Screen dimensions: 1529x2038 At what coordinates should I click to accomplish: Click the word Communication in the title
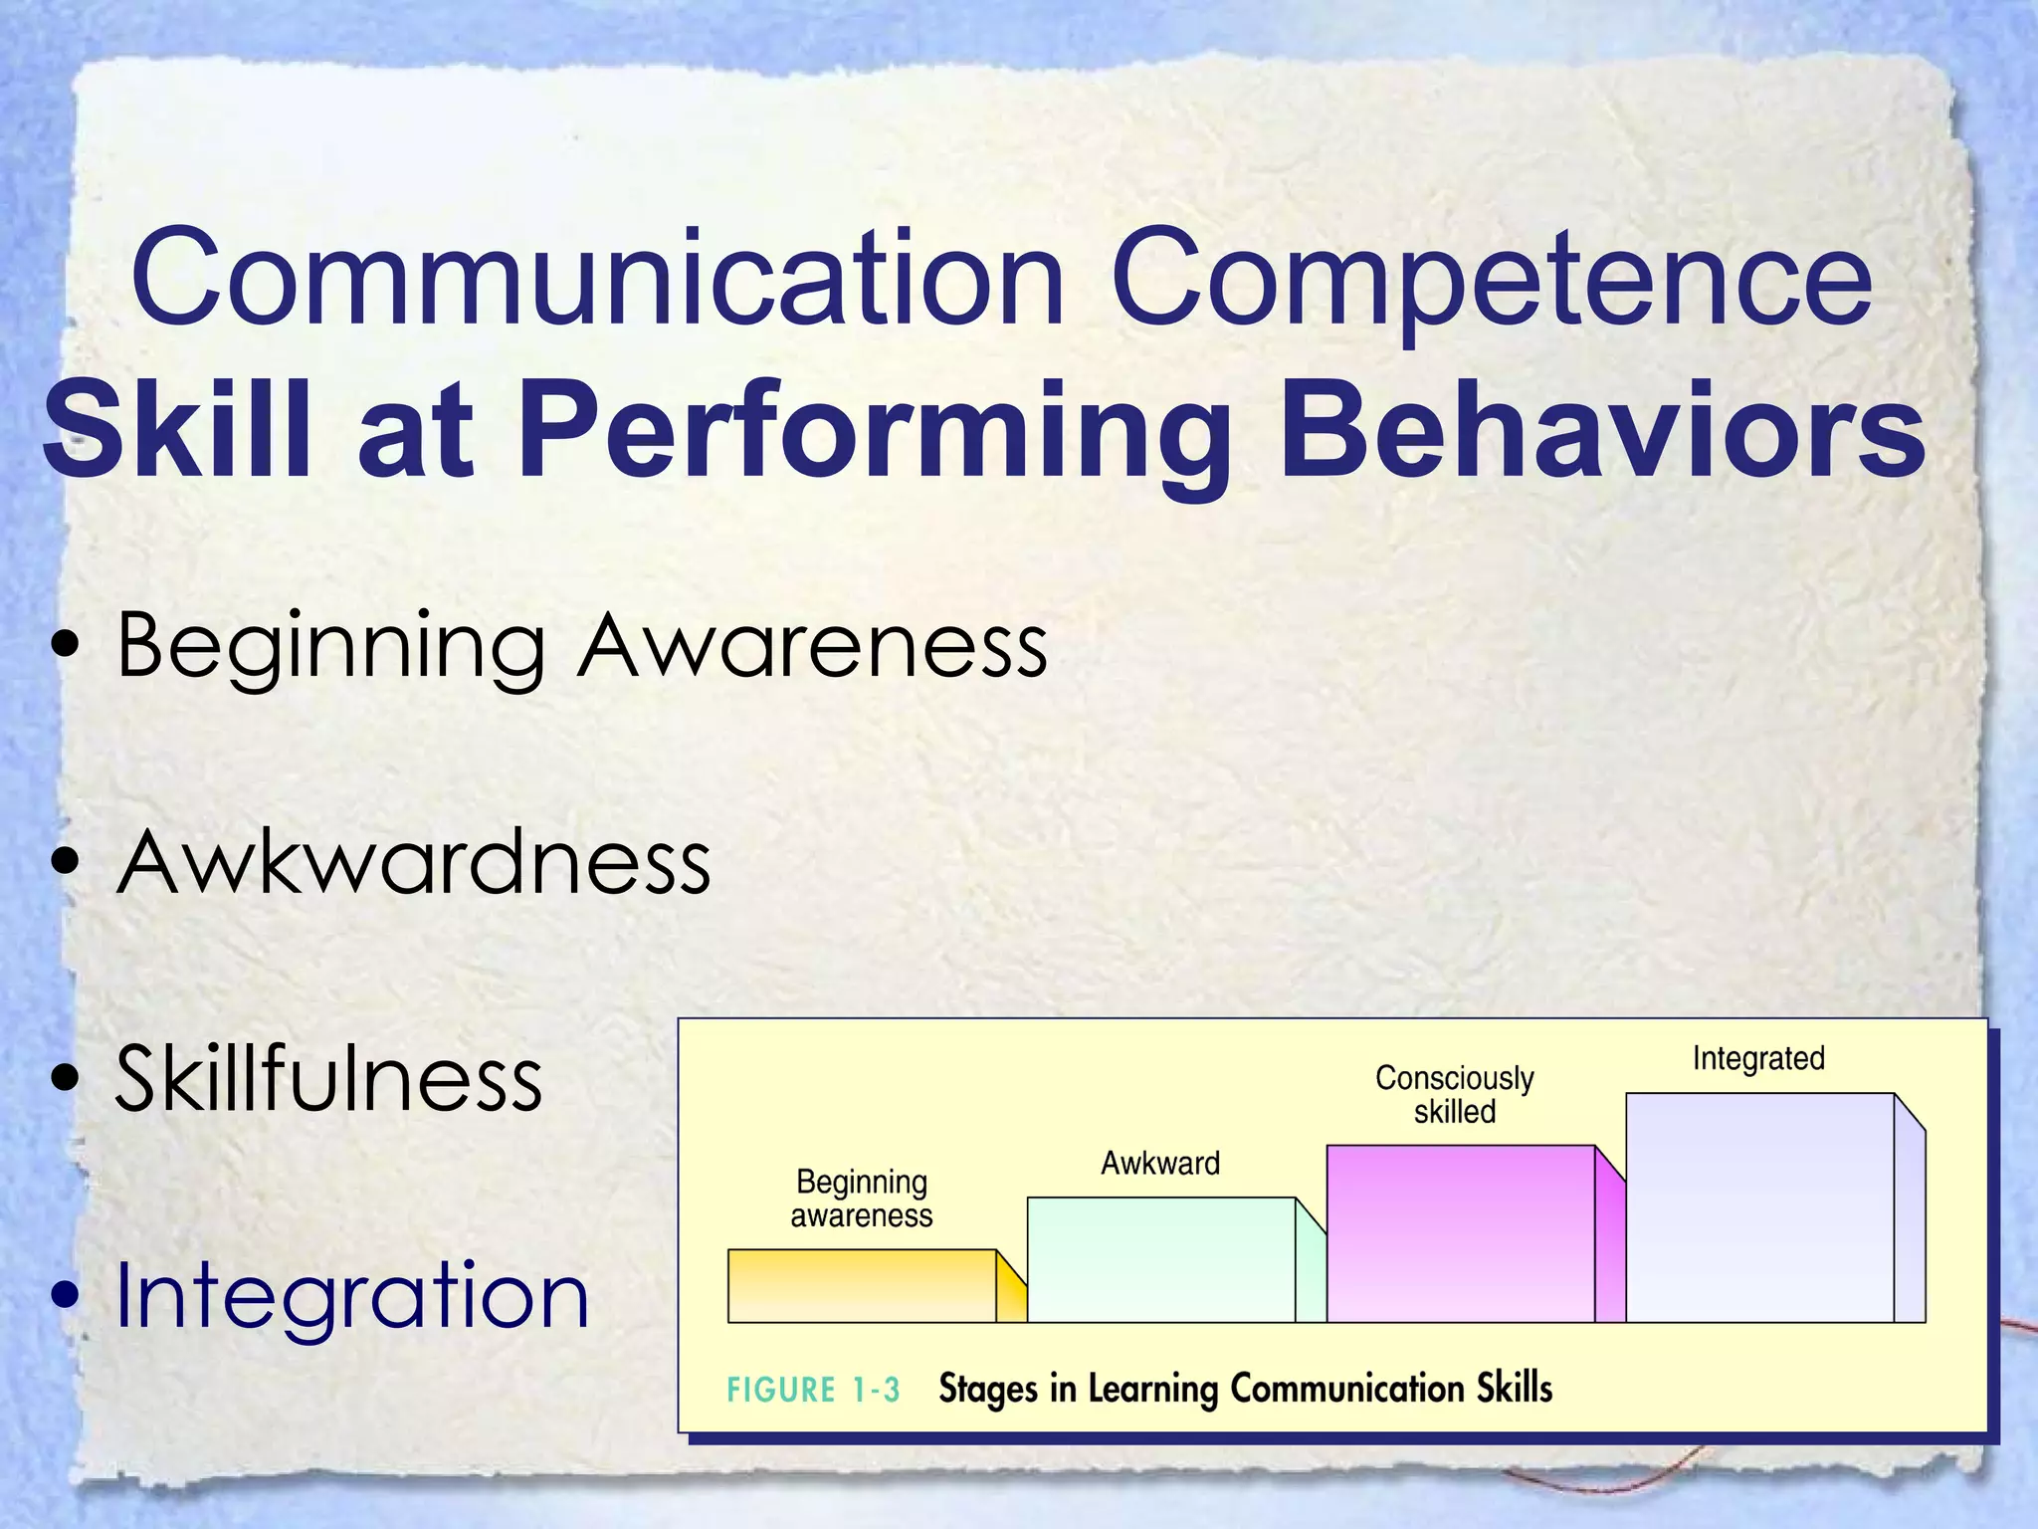pos(597,279)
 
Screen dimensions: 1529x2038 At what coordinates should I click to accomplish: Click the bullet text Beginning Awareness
pos(581,647)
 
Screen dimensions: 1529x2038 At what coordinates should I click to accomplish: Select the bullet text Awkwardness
pos(413,862)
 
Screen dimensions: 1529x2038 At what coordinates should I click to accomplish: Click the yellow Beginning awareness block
pos(862,1286)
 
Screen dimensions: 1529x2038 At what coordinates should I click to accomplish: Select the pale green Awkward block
pos(1160,1260)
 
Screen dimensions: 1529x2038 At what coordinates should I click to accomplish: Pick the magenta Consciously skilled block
pos(1460,1234)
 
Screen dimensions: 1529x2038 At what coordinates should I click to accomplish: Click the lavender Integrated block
pos(1758,1207)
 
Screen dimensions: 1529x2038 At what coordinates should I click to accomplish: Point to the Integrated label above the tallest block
pos(1758,1058)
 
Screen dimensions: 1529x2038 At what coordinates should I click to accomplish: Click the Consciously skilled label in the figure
pos(1454,1094)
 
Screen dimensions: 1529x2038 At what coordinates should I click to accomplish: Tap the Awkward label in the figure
pos(1159,1163)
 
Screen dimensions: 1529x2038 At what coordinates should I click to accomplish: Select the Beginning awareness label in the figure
pos(862,1199)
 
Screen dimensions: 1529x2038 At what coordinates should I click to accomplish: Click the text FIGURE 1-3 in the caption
pos(813,1390)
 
